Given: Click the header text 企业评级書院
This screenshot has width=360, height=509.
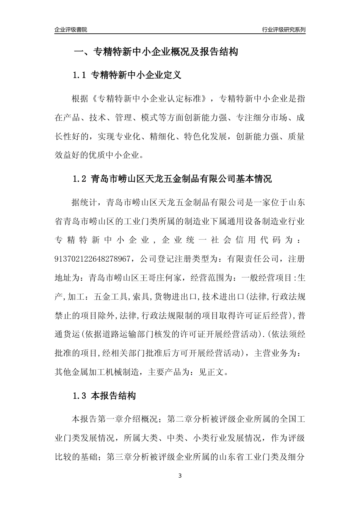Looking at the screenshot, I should pyautogui.click(x=71, y=30).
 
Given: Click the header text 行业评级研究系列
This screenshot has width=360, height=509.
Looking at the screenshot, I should pyautogui.click(x=283, y=30).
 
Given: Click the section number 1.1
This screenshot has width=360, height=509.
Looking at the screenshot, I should pyautogui.click(x=80, y=75).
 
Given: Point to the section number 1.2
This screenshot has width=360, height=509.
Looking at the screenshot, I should pyautogui.click(x=80, y=179).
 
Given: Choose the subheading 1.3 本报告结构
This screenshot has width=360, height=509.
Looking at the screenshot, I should pyautogui.click(x=104, y=396).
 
